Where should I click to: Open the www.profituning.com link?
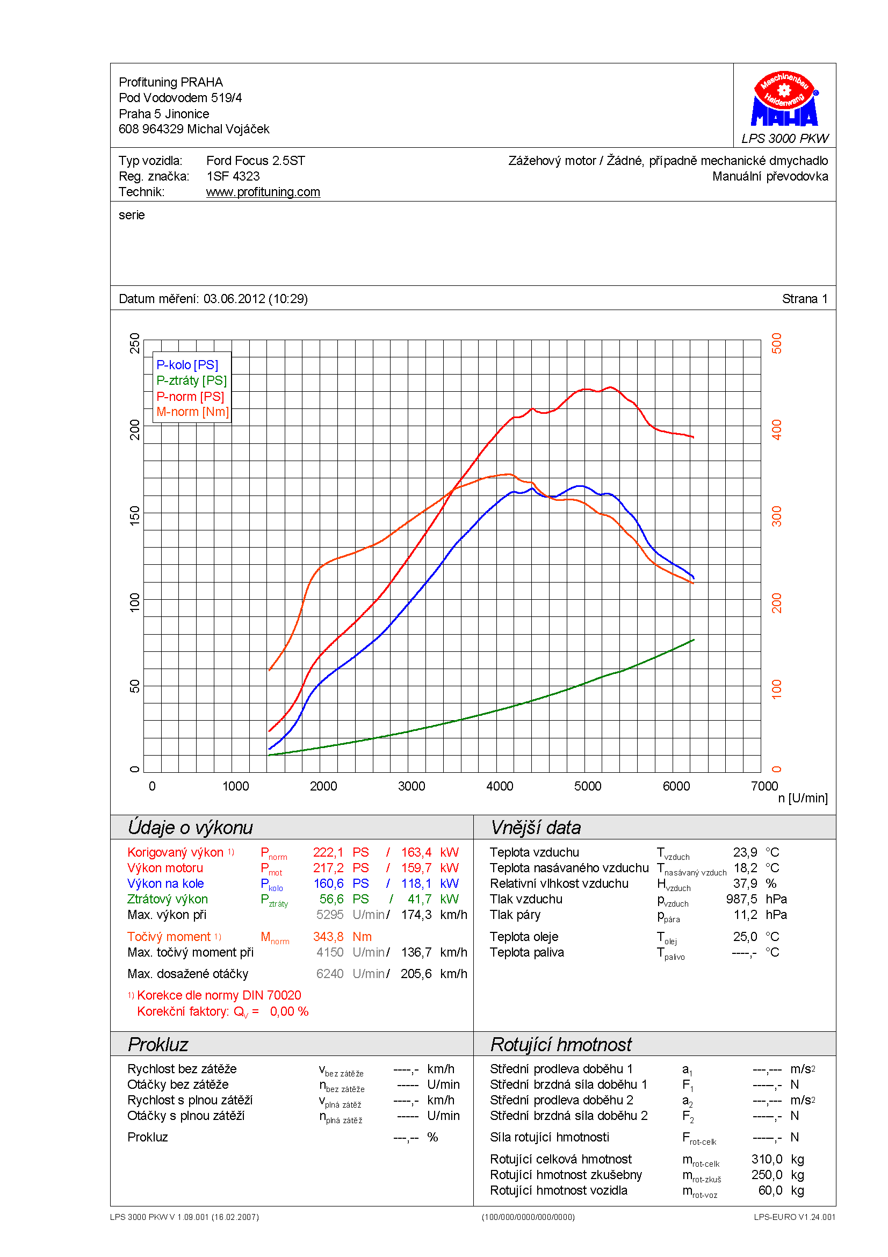(x=263, y=192)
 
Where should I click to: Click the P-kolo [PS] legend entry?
(x=187, y=365)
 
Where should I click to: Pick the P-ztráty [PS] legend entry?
(x=191, y=380)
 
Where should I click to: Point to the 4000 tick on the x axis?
(x=500, y=786)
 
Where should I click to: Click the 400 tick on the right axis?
(x=776, y=430)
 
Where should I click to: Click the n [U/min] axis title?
(x=803, y=798)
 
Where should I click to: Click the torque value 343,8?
(x=328, y=937)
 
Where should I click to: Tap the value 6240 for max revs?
(x=329, y=974)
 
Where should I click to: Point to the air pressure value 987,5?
(x=741, y=899)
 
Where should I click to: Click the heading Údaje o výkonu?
(x=190, y=827)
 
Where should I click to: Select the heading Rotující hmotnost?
(x=561, y=1045)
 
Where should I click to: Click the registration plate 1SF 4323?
(x=233, y=176)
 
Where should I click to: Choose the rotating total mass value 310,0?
(x=767, y=1159)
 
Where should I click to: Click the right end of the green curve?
(x=693, y=640)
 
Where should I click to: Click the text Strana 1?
(x=804, y=299)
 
